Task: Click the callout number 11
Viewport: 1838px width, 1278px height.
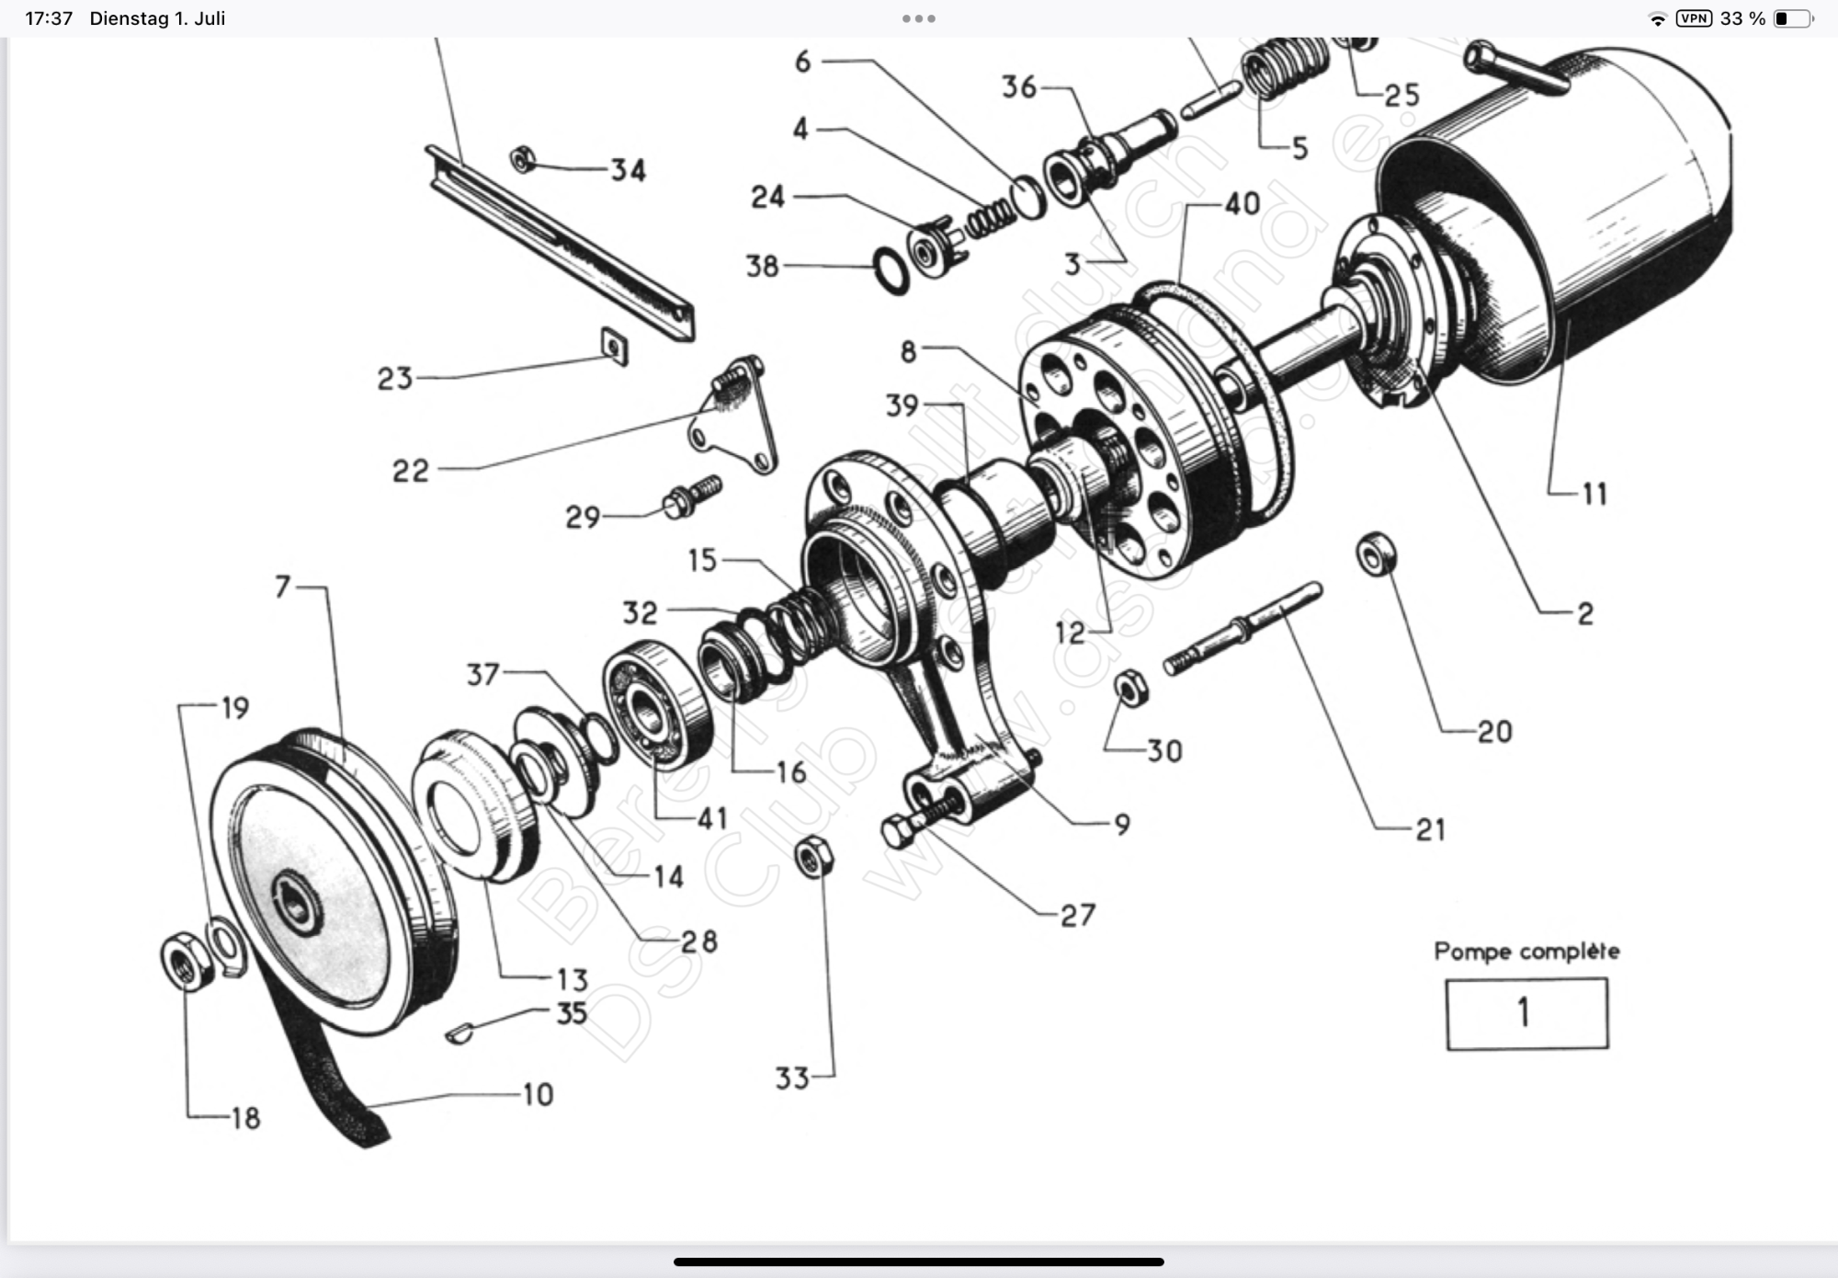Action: click(x=1595, y=495)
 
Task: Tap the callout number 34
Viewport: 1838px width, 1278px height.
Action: click(x=629, y=170)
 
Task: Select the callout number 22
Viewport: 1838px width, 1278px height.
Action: click(x=411, y=471)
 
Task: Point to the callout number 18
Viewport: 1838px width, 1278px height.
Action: click(x=245, y=1118)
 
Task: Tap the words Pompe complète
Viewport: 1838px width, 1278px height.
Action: click(x=1526, y=951)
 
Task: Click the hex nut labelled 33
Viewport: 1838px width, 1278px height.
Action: click(x=813, y=857)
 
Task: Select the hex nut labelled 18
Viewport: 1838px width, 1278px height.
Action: click(x=187, y=962)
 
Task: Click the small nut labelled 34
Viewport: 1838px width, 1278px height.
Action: click(x=523, y=160)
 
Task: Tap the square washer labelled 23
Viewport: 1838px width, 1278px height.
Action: click(x=615, y=347)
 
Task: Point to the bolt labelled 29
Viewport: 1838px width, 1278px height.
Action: click(x=691, y=496)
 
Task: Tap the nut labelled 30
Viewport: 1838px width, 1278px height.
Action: click(x=1130, y=688)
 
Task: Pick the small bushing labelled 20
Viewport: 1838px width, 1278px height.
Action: click(x=1376, y=554)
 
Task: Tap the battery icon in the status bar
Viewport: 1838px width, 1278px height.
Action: click(x=1793, y=18)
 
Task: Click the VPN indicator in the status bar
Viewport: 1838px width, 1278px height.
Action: click(x=1694, y=18)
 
